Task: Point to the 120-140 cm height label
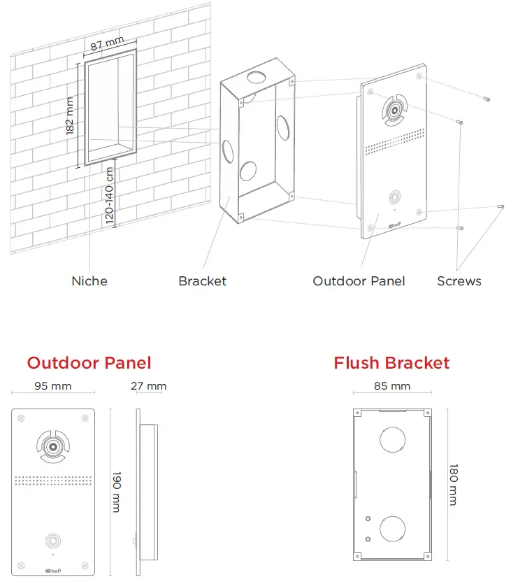pos(110,194)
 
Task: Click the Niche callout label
pos(89,281)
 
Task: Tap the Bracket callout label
pos(202,281)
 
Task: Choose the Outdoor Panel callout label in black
pos(359,281)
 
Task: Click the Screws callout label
pos(459,281)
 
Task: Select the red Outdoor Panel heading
pos(89,362)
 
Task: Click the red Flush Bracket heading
pos(391,363)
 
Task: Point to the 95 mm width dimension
pos(53,386)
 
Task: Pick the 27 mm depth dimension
pos(148,386)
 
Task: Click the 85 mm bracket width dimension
pos(391,386)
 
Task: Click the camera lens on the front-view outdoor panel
pos(53,445)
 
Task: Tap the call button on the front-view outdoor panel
pos(53,540)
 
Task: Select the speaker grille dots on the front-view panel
pos(53,481)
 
